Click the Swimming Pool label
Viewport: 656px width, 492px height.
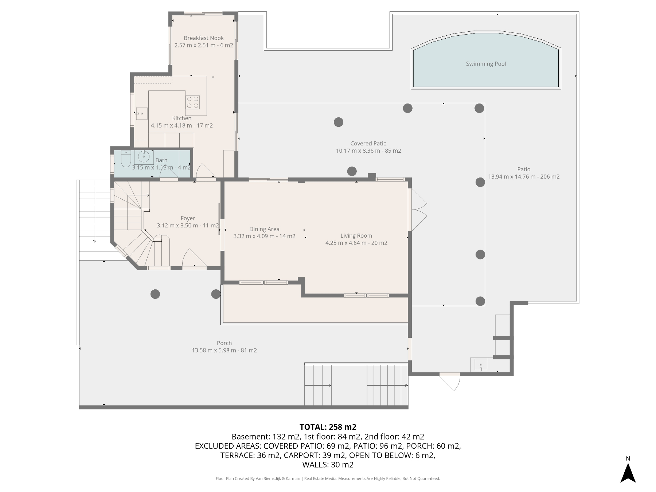486,64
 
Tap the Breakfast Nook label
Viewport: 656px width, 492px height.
204,38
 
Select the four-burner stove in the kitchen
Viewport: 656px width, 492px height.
192,102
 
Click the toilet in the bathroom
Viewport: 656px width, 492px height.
126,159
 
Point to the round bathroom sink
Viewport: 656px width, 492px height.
144,157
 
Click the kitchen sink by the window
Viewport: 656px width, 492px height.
141,113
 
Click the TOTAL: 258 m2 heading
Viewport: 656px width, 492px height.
328,427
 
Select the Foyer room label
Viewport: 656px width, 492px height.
188,218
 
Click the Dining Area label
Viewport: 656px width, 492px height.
264,229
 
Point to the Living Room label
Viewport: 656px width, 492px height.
356,236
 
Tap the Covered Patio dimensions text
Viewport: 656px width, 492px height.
368,151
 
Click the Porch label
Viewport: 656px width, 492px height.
224,343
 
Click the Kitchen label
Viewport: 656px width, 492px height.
182,118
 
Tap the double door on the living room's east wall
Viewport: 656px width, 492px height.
418,210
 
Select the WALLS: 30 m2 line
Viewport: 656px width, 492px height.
328,465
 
